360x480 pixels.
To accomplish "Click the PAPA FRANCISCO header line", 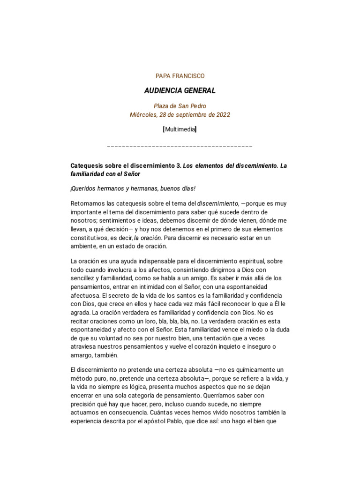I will pos(180,76).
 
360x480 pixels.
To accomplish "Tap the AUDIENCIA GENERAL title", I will pos(180,90).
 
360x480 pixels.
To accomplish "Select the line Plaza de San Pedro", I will pos(180,106).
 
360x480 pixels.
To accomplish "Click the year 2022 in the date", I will pos(222,115).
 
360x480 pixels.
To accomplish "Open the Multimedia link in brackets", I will pos(180,129).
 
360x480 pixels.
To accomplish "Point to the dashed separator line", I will pos(180,146).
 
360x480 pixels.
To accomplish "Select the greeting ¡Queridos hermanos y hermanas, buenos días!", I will pos(133,188).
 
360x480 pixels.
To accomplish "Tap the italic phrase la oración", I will pos(148,238).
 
